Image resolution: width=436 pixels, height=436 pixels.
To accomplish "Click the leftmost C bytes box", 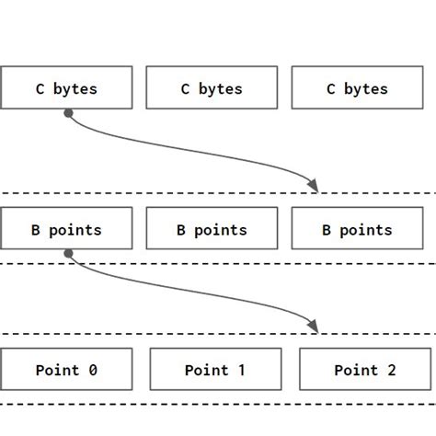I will click(66, 88).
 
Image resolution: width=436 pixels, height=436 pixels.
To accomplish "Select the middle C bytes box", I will click(212, 88).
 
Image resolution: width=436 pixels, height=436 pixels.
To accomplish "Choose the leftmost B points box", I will click(66, 229).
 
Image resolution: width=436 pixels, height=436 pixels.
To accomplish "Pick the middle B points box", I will click(212, 229).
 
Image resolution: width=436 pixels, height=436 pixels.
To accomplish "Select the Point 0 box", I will click(66, 370).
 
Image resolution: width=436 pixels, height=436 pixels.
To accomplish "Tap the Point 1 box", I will click(214, 370).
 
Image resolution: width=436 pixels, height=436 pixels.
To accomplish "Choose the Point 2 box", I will click(364, 370).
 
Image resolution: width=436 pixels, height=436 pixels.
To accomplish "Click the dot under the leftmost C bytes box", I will click(68, 113).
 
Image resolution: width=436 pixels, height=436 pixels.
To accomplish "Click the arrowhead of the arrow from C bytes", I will click(313, 186).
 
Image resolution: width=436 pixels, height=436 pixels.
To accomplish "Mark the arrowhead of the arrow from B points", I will click(313, 326).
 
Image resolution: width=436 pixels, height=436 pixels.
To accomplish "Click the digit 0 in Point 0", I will click(92, 370).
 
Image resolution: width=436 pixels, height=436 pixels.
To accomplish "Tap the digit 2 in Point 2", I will click(391, 370).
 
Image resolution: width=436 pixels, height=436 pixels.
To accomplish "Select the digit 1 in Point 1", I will click(241, 370).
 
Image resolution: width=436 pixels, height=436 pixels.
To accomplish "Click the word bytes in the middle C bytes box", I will click(221, 89).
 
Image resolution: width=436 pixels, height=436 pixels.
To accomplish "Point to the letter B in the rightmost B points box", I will click(327, 230).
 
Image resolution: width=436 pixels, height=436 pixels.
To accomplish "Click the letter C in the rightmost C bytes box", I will click(331, 89).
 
